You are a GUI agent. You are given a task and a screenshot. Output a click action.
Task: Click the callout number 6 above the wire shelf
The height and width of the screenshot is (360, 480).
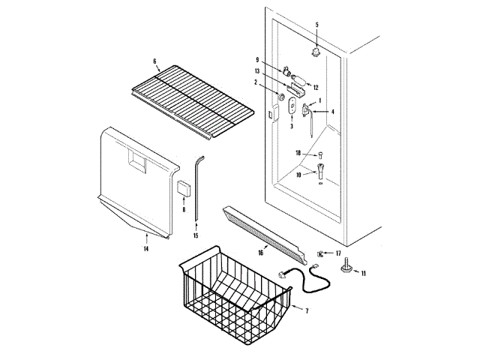click(154, 61)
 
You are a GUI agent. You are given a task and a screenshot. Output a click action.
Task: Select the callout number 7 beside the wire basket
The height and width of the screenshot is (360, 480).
click(305, 309)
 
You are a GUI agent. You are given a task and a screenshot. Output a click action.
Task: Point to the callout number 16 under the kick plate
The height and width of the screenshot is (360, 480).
click(260, 253)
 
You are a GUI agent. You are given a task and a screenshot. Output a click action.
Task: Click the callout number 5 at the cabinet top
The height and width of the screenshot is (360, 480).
click(316, 25)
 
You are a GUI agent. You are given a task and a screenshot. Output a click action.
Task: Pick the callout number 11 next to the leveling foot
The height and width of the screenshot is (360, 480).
click(364, 274)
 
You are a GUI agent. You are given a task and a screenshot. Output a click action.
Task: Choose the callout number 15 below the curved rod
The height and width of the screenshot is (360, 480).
click(196, 235)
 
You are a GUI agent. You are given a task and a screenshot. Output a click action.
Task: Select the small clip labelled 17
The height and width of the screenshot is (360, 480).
click(320, 253)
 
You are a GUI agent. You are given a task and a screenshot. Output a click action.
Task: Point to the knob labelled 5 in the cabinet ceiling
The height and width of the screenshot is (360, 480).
click(316, 52)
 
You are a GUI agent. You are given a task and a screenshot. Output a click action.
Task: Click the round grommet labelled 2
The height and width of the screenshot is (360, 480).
click(280, 97)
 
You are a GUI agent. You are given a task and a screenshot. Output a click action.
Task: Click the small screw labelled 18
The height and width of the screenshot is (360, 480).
click(320, 154)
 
